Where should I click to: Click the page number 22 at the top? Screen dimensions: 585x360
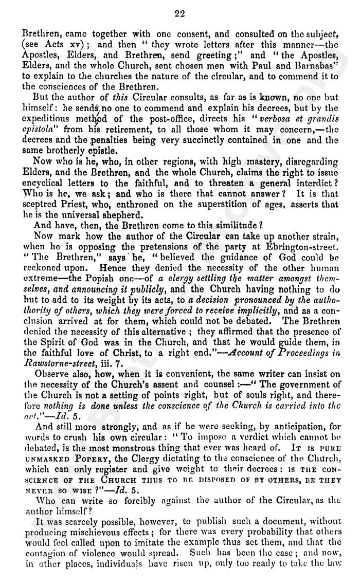click(x=179, y=14)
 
